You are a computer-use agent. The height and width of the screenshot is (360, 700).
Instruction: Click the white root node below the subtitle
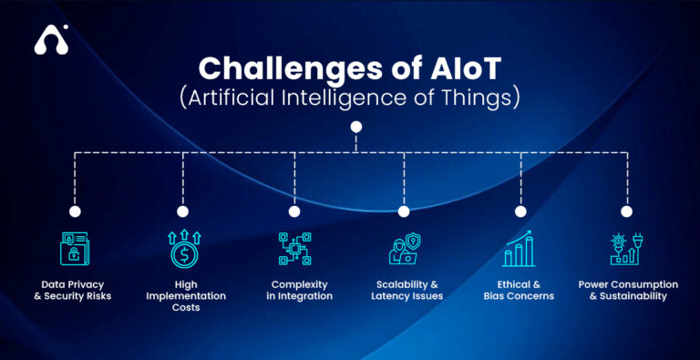click(356, 127)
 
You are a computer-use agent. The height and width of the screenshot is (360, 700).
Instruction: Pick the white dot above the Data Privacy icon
click(75, 211)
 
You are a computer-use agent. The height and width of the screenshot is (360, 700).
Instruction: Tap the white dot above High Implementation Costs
click(183, 211)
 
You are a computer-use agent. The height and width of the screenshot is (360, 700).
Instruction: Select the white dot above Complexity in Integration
click(294, 211)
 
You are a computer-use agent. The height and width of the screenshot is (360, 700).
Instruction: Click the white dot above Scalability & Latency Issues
click(404, 211)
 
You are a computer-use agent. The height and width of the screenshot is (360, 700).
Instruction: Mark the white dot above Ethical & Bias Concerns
click(520, 211)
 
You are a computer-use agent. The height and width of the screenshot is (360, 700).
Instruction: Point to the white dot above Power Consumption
click(626, 211)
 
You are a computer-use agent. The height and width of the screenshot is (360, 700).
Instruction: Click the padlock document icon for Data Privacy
click(76, 250)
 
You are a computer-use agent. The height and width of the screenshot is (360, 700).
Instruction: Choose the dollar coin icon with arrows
click(183, 250)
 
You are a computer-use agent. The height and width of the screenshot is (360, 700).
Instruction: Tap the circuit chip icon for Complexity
click(294, 250)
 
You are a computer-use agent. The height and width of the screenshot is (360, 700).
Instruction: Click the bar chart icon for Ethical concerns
click(520, 250)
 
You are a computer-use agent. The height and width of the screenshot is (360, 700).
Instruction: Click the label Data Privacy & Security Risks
click(77, 290)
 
